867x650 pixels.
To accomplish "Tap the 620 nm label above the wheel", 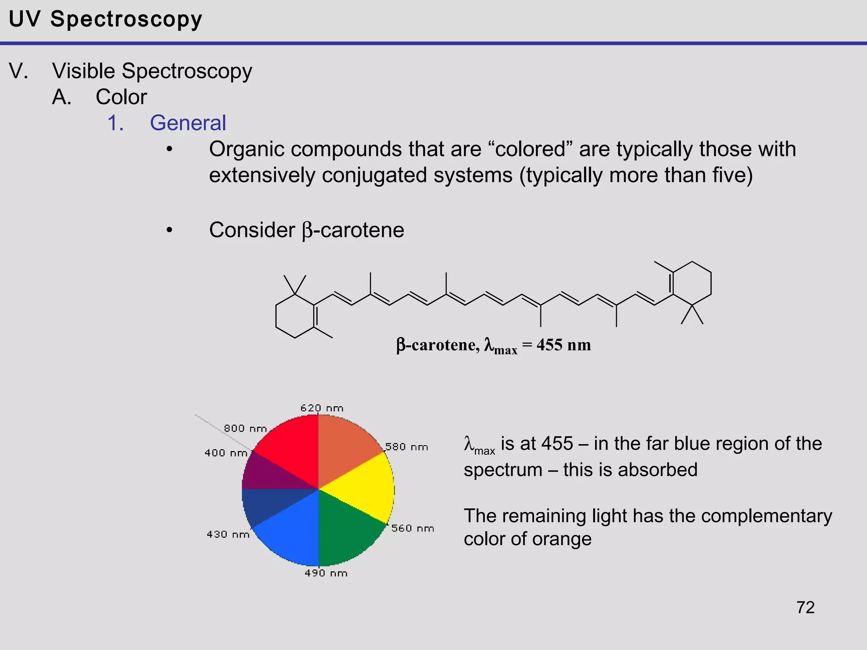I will [x=322, y=408].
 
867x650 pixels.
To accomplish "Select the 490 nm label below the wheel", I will [x=326, y=573].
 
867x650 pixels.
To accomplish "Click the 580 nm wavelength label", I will [x=406, y=447].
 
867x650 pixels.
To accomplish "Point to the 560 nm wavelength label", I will [x=413, y=529].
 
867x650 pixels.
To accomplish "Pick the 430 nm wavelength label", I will [x=228, y=534].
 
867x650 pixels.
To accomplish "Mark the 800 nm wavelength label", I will [x=245, y=428].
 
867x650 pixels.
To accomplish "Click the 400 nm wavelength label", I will [x=226, y=453].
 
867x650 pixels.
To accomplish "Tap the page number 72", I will [x=805, y=608].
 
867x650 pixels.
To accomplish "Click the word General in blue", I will [x=188, y=123].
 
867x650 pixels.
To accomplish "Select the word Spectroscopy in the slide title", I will [x=126, y=19].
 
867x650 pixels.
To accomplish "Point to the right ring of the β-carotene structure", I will [x=692, y=284].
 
